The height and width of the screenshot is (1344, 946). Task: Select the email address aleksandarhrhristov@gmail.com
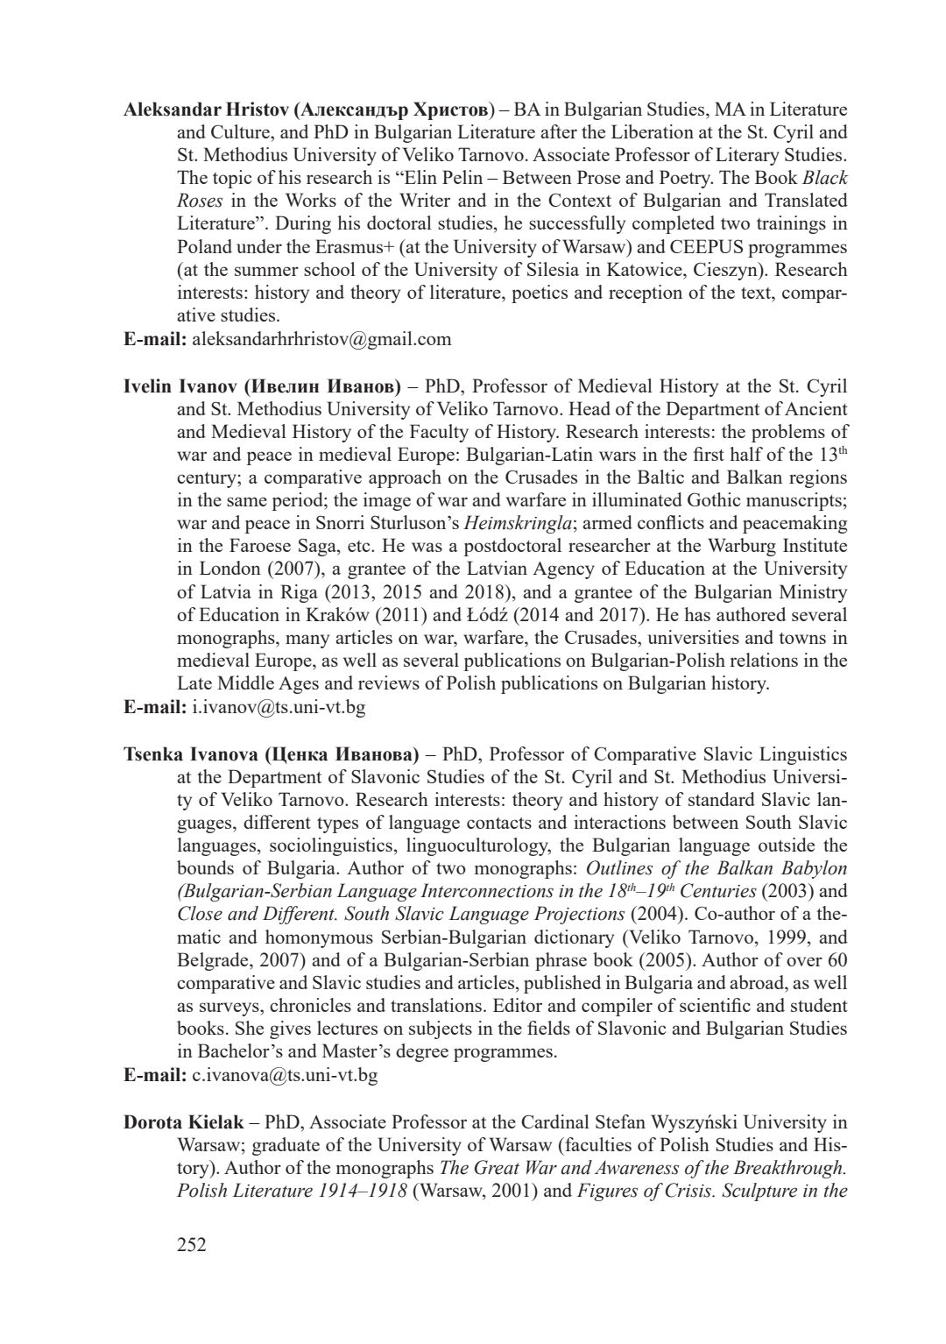pyautogui.click(x=321, y=339)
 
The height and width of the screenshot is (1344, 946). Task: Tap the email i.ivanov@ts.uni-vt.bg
pyautogui.click(x=278, y=706)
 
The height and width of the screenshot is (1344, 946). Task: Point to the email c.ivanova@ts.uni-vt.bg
pyautogui.click(x=285, y=1075)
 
